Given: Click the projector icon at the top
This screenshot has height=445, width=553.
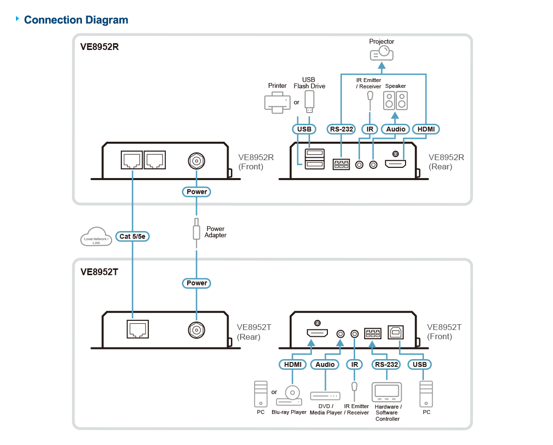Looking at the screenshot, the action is [x=382, y=54].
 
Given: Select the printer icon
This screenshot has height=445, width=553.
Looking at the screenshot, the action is [x=277, y=102].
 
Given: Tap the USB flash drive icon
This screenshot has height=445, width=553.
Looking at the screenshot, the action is [x=309, y=101].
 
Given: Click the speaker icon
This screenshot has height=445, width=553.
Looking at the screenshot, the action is [x=395, y=100].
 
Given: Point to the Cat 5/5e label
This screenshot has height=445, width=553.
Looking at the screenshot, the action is [x=132, y=236].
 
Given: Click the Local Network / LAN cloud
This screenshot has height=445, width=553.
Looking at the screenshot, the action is [x=96, y=237].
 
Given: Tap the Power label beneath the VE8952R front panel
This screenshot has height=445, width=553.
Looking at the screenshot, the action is [x=196, y=192].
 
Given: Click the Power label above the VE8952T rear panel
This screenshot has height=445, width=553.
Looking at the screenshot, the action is [x=196, y=283].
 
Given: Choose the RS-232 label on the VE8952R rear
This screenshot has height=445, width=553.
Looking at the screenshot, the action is [x=342, y=129].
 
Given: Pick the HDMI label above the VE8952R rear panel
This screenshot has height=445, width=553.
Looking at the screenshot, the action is [x=426, y=129].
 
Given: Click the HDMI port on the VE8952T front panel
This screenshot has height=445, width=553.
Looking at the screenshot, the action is [x=317, y=333].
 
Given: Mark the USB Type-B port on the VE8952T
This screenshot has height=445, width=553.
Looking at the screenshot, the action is [x=396, y=332].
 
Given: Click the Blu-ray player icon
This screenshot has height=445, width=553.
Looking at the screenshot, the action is [x=289, y=396].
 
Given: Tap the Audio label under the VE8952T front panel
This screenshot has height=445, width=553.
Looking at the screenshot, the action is [x=325, y=364].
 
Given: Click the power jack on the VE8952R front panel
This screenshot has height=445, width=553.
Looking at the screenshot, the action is [x=196, y=161].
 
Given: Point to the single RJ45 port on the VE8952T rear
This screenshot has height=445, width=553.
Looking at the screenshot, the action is [x=138, y=329].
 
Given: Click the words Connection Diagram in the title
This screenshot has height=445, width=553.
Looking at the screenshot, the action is [x=76, y=20].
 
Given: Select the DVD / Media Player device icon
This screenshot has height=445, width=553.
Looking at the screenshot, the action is [x=325, y=396].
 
